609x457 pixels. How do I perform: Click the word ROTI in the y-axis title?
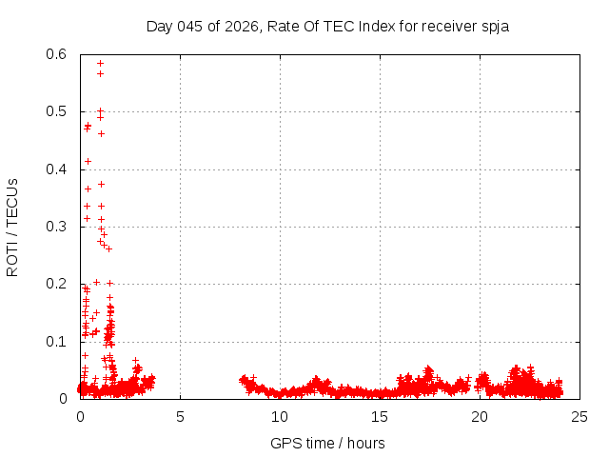pos(12,261)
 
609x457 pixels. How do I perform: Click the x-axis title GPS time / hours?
pos(327,443)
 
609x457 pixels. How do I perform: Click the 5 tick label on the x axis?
pos(180,416)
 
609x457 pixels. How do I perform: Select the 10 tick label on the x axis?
pos(280,416)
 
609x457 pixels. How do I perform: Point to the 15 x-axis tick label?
pos(380,416)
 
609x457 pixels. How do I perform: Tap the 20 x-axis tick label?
pos(481,416)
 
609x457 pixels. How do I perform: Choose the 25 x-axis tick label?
pos(580,416)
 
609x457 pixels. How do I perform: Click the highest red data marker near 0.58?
pos(100,64)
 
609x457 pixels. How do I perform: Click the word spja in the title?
pos(495,26)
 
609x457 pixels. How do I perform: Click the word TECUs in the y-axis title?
pos(12,203)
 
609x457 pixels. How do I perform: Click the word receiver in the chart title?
pos(443,26)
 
